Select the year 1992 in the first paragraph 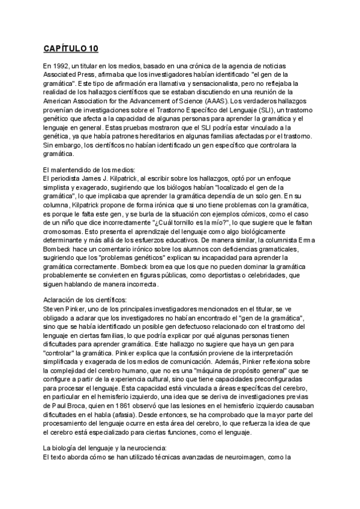click(64, 64)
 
